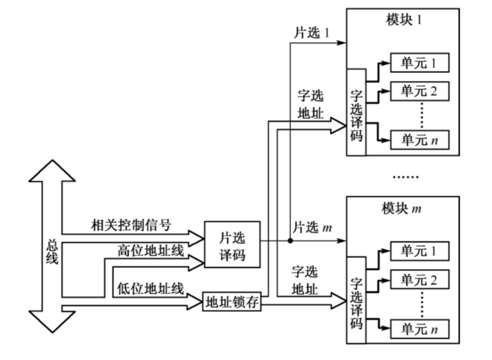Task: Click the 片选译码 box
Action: [x=233, y=243]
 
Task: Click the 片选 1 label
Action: [x=311, y=33]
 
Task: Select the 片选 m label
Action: [x=312, y=228]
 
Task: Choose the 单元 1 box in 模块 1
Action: [x=420, y=62]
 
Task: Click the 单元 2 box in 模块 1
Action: [x=420, y=91]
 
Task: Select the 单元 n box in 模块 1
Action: [x=420, y=140]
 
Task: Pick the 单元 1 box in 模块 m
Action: [x=420, y=251]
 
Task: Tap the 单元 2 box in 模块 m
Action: [x=420, y=279]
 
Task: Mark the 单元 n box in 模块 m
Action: [x=420, y=329]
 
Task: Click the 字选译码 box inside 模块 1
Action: [x=356, y=112]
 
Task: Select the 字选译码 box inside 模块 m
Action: [x=356, y=299]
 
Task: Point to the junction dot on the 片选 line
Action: [x=290, y=240]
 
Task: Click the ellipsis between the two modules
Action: [x=404, y=177]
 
